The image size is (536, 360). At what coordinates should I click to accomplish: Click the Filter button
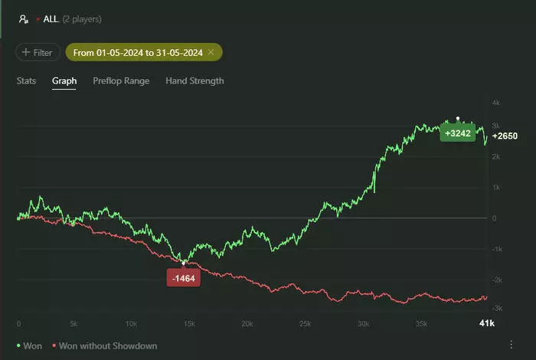[38, 53]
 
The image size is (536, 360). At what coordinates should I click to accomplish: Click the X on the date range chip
[211, 53]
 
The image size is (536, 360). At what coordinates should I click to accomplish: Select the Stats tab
[26, 80]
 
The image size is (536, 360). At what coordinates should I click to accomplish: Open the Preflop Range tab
[121, 80]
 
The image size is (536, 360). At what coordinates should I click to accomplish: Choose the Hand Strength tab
[194, 80]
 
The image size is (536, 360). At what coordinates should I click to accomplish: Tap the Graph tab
[64, 80]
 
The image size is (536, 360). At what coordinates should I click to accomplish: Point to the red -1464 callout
[183, 279]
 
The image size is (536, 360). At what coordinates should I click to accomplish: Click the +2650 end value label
[505, 136]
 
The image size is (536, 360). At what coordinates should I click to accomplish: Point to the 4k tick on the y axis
[496, 103]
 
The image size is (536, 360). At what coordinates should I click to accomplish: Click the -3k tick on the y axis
[496, 308]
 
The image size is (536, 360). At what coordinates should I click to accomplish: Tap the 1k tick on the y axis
[496, 188]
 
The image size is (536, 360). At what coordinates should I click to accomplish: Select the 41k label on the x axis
[487, 324]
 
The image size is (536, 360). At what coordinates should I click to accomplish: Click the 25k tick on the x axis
[306, 324]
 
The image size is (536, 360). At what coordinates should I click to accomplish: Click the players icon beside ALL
[24, 18]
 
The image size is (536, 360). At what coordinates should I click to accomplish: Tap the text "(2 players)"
[82, 18]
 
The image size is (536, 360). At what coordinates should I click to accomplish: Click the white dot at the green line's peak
[458, 119]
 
